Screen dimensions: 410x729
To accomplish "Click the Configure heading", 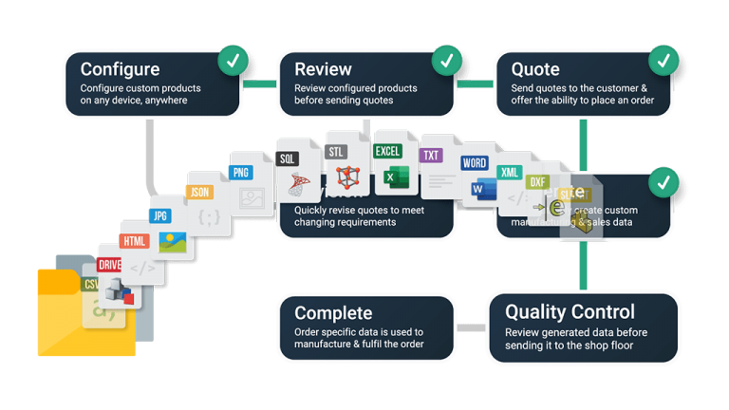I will [120, 69].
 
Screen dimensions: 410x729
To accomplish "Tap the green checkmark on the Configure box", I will [233, 62].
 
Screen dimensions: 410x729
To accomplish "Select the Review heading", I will [323, 69].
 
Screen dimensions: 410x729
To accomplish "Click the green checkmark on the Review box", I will [446, 62].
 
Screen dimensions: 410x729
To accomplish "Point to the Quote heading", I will [535, 69].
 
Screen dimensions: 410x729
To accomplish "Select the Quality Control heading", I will [570, 311].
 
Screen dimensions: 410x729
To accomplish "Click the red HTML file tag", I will [136, 241].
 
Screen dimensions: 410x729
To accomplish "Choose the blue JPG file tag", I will [161, 215].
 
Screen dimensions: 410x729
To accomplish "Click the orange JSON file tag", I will [199, 192].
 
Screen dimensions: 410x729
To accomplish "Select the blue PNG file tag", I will [240, 173].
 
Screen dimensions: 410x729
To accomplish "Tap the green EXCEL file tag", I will [387, 151].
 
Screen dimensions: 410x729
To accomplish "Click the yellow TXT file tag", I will [432, 155].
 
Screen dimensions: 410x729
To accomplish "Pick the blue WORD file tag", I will [475, 163].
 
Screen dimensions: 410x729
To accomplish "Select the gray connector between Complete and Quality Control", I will [471, 327].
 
